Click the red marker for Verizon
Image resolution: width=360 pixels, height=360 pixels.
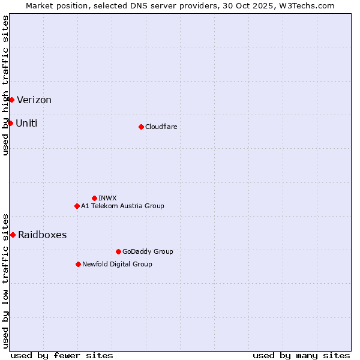pos(11,100)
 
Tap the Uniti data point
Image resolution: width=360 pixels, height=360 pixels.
pos(10,123)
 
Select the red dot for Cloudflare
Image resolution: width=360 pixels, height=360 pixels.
pos(141,127)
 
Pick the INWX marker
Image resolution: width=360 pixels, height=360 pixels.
pos(94,198)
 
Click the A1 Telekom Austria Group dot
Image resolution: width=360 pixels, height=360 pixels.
pos(77,206)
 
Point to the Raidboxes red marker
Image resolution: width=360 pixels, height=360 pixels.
pos(13,235)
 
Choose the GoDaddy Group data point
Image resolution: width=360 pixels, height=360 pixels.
pos(118,251)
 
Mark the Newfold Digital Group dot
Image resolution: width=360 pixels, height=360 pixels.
pos(78,264)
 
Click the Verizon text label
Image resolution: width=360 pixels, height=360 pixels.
pos(34,100)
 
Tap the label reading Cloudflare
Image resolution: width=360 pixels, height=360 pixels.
pos(161,127)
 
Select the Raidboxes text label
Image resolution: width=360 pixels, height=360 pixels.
pos(42,235)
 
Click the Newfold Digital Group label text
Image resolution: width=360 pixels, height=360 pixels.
pos(117,264)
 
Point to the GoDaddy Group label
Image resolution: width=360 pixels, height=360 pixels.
pos(147,251)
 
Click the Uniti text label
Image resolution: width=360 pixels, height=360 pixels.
pos(26,124)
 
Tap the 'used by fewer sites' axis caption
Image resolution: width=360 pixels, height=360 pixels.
pos(62,355)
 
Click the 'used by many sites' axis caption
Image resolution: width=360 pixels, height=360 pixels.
pos(301,355)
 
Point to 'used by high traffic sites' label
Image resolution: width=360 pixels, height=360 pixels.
pos(6,85)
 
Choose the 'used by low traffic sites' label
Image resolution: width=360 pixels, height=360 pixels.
pos(6,280)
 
